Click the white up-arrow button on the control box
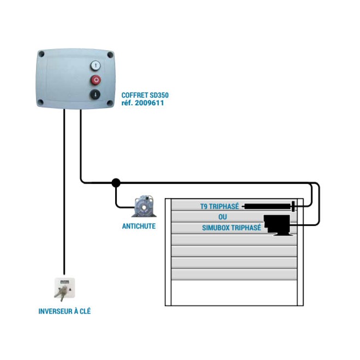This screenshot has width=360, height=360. pos(95,65)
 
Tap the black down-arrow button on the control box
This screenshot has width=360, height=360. pos(95,94)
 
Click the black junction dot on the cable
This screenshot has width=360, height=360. pos(116,183)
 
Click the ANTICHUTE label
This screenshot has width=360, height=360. pos(139,226)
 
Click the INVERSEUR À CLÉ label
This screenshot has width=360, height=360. pos(64,311)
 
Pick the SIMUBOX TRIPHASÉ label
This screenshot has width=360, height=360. pos(224,227)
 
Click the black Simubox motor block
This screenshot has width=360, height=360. pos(277,224)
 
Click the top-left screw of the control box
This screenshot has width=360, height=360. pos(41,53)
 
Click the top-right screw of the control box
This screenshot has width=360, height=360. pos(110,55)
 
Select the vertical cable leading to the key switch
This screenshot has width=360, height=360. pos(64,191)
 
